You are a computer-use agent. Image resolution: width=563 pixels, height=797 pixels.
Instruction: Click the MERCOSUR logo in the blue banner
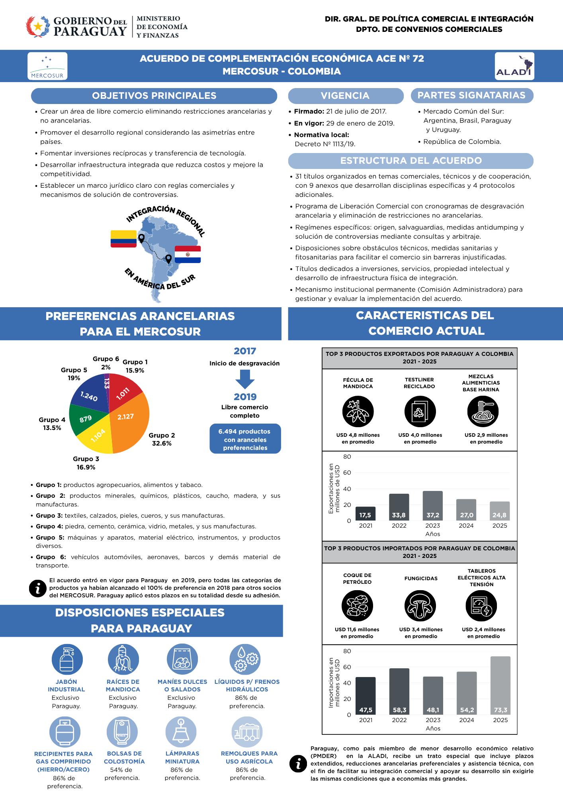coord(47,66)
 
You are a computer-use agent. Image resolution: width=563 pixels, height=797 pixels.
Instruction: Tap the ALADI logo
coord(514,66)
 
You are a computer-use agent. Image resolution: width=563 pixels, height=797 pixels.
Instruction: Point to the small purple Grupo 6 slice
coord(107,381)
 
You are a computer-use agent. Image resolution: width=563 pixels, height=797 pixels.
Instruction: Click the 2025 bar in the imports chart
coord(500,685)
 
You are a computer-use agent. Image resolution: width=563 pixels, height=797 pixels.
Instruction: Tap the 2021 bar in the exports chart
coord(366,513)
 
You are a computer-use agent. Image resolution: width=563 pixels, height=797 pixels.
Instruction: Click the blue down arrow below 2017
coord(245,379)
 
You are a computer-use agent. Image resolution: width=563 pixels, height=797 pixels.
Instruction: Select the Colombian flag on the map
coord(123,239)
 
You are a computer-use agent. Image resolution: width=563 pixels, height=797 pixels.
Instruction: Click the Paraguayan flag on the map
coord(188,254)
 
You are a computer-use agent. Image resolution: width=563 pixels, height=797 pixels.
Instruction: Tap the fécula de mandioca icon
coord(358,412)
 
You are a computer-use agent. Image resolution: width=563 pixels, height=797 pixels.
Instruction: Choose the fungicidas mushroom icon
coord(420,606)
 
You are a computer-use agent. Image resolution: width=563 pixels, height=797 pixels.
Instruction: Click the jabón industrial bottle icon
coord(67,660)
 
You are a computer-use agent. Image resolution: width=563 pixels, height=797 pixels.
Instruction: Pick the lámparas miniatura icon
coord(181,732)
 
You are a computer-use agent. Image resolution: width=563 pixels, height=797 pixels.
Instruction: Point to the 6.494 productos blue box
coord(245,439)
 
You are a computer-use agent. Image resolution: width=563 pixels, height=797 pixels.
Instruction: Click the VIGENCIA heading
coord(345,96)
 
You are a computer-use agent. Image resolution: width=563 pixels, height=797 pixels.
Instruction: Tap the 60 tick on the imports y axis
coord(347,667)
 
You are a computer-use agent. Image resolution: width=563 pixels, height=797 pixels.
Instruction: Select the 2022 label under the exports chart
coord(399,526)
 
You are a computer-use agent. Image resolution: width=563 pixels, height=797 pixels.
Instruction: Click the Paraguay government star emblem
coord(38,26)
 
